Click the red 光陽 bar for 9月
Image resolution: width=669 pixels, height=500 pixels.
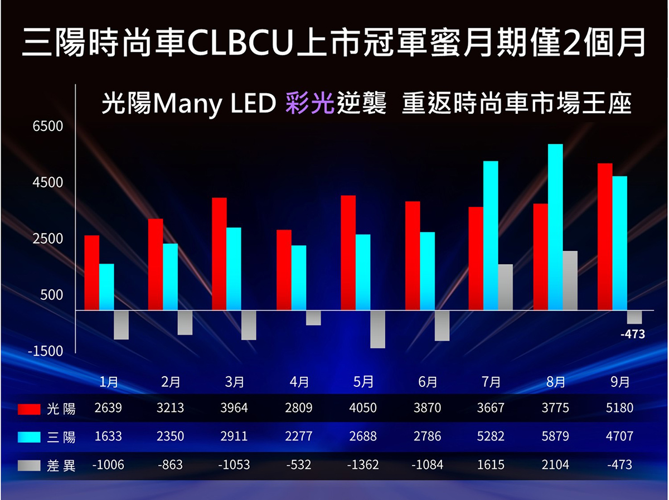pyautogui.click(x=605, y=236)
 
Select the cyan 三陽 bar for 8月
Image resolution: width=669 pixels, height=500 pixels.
pyautogui.click(x=555, y=227)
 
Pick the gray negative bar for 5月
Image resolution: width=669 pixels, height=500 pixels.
pyautogui.click(x=377, y=329)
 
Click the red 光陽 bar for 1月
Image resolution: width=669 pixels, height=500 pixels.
pyautogui.click(x=91, y=273)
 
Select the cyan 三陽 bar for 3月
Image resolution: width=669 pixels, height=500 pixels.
pyautogui.click(x=234, y=269)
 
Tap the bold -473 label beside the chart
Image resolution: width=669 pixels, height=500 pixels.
pyautogui.click(x=632, y=334)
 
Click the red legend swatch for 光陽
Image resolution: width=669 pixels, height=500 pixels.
pyautogui.click(x=29, y=409)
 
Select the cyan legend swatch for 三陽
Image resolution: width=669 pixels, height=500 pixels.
pyautogui.click(x=29, y=436)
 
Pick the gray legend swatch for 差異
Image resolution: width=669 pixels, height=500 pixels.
pyautogui.click(x=29, y=464)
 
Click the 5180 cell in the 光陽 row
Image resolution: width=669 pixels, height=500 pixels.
pyautogui.click(x=619, y=408)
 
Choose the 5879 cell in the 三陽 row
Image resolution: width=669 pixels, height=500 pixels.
pyautogui.click(x=555, y=436)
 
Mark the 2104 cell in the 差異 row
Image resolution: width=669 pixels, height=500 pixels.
pyautogui.click(x=555, y=464)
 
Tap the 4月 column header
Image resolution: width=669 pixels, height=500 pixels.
pyautogui.click(x=299, y=382)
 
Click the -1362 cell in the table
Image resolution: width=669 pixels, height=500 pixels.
pyautogui.click(x=363, y=464)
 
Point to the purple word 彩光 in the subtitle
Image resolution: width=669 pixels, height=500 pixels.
pyautogui.click(x=309, y=103)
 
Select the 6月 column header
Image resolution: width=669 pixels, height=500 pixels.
pyautogui.click(x=428, y=382)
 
